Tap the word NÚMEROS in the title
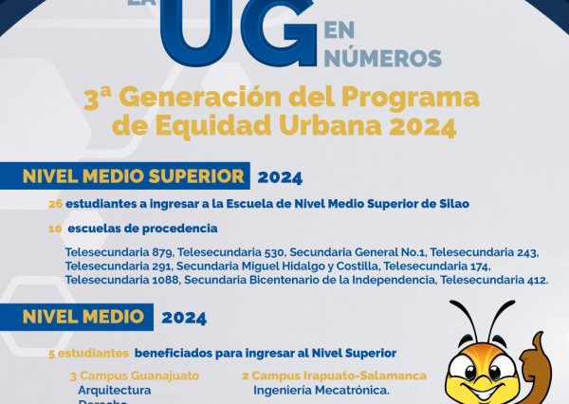382,58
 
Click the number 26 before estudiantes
55,204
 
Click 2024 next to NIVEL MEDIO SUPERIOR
280,177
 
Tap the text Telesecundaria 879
119,253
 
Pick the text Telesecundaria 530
231,253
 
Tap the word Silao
452,204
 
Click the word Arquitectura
115,390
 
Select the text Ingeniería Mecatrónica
321,390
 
